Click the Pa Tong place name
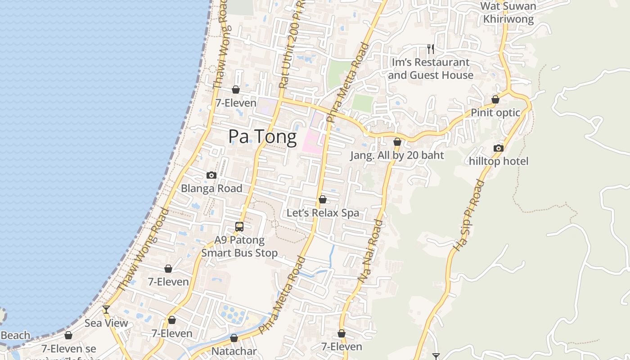click(262, 137)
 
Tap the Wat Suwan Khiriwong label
click(508, 13)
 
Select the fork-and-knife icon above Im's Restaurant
click(431, 49)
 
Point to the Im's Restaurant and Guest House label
click(431, 69)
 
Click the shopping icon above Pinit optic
click(495, 99)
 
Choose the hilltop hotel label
click(499, 161)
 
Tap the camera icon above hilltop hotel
click(498, 148)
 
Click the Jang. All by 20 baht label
click(397, 155)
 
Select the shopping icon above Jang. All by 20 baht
click(397, 142)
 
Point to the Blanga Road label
click(211, 189)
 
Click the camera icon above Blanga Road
click(211, 175)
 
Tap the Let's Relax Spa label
click(323, 213)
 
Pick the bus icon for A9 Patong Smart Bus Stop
click(239, 227)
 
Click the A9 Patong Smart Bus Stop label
click(239, 247)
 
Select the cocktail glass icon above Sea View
click(106, 309)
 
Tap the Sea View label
click(106, 323)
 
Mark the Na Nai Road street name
click(371, 251)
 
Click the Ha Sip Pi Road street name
click(469, 215)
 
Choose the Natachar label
click(234, 351)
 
